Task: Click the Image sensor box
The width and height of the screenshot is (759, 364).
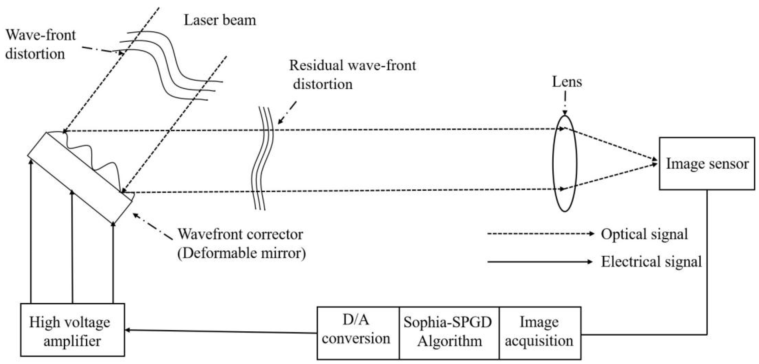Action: [706, 164]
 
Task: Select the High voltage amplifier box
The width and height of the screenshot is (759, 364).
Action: [72, 330]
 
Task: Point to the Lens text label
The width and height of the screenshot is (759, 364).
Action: [567, 82]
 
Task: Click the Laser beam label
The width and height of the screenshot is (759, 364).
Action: [220, 20]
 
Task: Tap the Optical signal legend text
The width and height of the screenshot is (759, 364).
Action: [644, 234]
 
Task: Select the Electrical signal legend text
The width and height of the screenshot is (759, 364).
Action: [651, 262]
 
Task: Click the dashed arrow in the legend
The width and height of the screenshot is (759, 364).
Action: [539, 234]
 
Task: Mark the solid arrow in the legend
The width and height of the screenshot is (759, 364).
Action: [539, 262]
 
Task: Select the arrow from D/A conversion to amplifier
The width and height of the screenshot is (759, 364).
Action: [221, 331]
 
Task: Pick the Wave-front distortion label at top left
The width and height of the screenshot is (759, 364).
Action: [40, 44]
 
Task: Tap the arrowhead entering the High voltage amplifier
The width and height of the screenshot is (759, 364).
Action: [128, 330]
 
